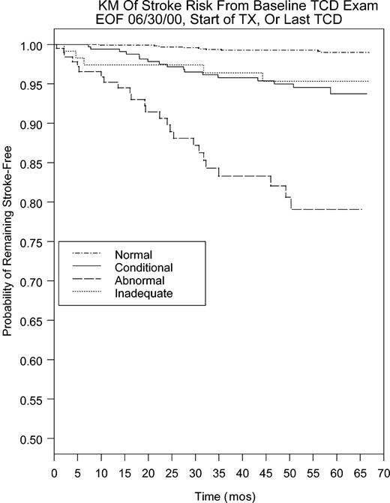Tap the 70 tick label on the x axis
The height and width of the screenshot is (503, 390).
(x=382, y=474)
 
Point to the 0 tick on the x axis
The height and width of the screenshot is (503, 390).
(x=54, y=474)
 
